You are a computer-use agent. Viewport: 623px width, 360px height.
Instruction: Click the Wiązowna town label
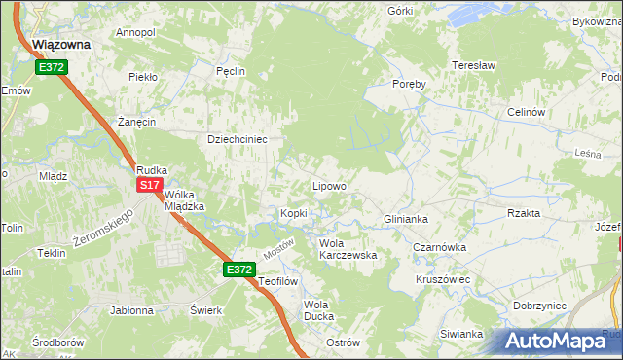click(x=60, y=44)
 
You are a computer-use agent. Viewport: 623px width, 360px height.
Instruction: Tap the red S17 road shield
click(x=149, y=184)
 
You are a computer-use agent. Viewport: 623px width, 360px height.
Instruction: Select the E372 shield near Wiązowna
click(x=52, y=67)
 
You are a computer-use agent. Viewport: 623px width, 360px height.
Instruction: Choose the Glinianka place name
click(x=407, y=219)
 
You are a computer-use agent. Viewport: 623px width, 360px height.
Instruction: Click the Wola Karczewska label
click(x=348, y=249)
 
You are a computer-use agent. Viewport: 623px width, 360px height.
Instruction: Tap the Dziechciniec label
click(x=238, y=139)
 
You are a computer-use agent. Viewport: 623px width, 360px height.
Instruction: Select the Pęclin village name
click(x=230, y=71)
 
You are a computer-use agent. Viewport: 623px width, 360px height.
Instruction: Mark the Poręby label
click(x=410, y=84)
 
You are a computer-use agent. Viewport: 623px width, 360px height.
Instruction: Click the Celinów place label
click(x=525, y=112)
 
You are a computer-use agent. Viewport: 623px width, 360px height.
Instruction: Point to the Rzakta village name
click(x=524, y=213)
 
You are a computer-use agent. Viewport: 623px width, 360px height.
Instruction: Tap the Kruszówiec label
click(x=443, y=279)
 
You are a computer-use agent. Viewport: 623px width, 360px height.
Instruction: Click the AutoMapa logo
click(x=556, y=341)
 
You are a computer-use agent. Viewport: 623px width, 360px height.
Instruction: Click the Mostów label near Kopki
click(x=278, y=249)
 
